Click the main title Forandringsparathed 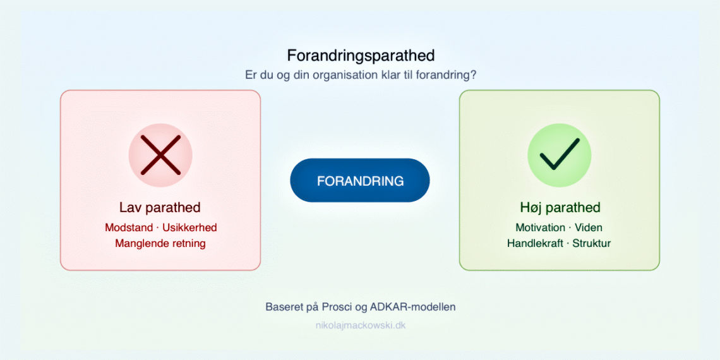coord(361,56)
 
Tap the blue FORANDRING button coord(360,181)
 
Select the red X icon coord(160,155)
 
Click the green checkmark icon coord(559,155)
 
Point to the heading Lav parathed coord(160,208)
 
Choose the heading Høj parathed coord(559,208)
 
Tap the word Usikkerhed coord(189,227)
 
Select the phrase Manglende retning coord(160,243)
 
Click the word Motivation coord(541,227)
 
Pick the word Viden coord(589,227)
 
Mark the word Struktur coord(592,243)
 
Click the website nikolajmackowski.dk coord(361,326)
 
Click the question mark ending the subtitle coord(474,75)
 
